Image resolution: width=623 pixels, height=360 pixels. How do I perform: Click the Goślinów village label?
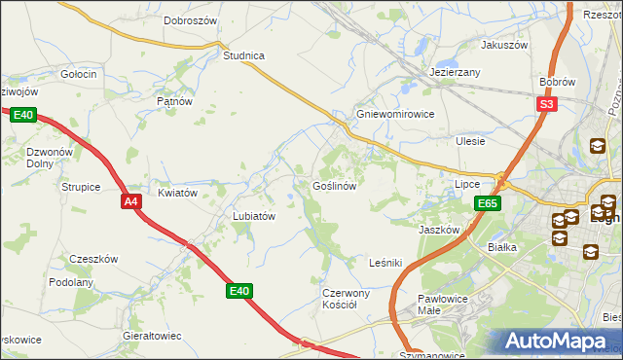pos(339,185)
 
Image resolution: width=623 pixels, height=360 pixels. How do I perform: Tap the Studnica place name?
pos(243,55)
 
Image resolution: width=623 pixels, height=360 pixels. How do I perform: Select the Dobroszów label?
pos(190,19)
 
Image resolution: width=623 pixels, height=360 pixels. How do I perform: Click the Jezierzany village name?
pos(456,72)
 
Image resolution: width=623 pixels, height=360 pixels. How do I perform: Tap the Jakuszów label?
pos(503,45)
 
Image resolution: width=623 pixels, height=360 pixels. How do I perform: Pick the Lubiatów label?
pos(254,216)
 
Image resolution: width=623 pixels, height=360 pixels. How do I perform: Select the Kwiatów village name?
pos(177,193)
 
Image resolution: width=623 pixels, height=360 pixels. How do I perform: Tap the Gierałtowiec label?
pos(152,335)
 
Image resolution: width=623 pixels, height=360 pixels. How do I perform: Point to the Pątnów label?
pos(175,100)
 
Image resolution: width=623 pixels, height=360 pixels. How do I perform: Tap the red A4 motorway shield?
pos(132,201)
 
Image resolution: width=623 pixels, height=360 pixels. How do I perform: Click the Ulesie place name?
pos(470,141)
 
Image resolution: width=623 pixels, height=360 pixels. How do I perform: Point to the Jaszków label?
pos(438,230)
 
